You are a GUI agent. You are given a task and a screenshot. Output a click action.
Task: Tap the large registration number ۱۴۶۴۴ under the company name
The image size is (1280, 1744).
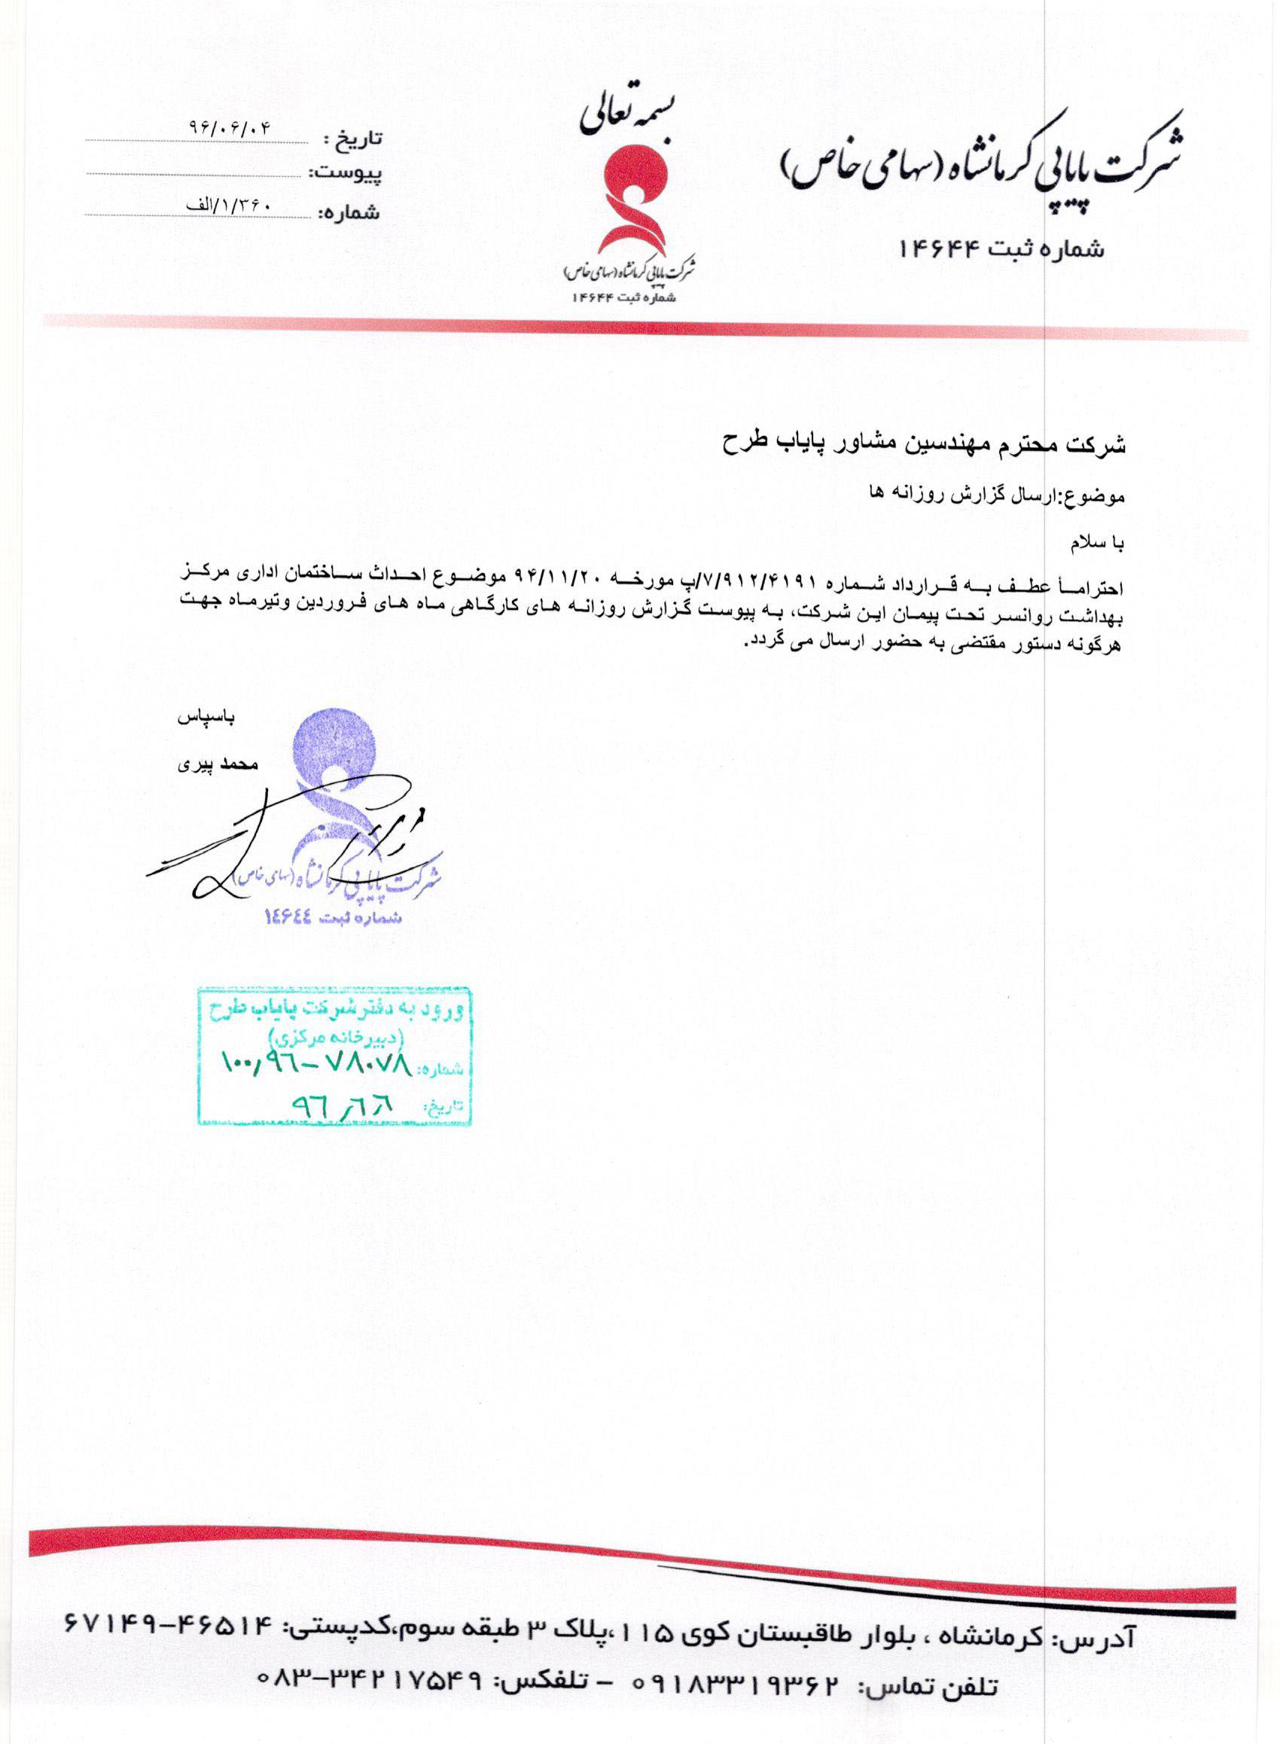(x=939, y=248)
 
